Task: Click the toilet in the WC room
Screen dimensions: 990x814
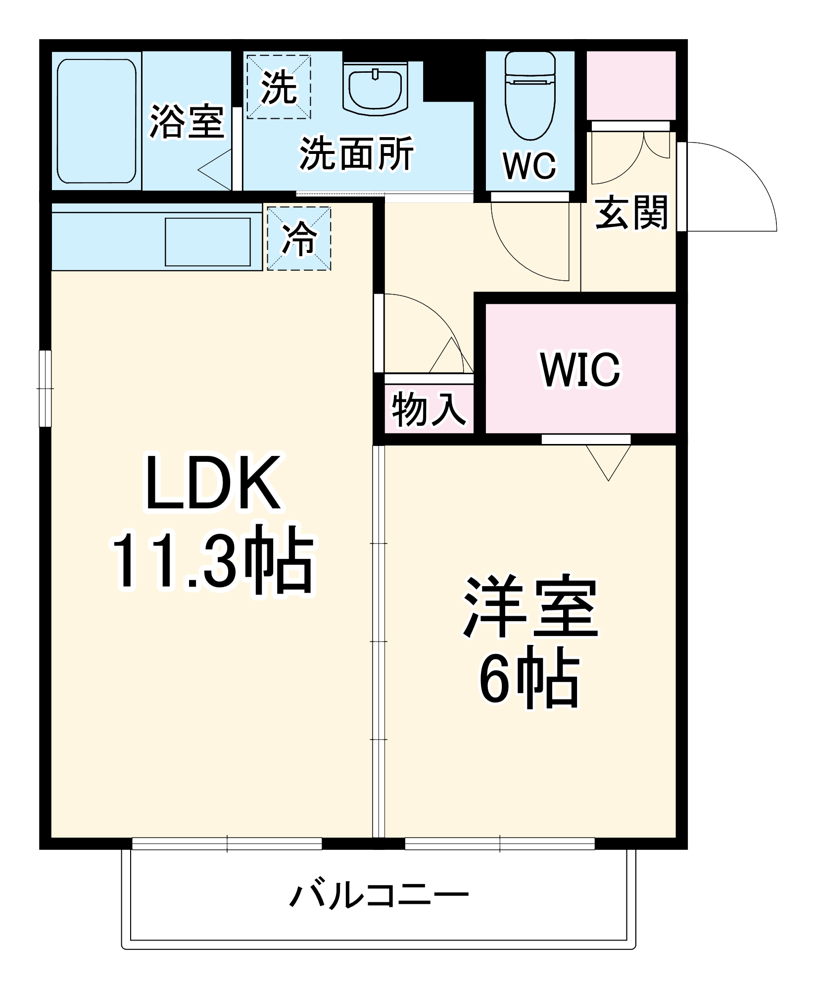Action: point(529,97)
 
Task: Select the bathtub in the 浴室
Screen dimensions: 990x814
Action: point(96,121)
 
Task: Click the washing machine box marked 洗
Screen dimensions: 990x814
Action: point(279,87)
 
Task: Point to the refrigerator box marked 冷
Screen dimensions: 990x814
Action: point(299,239)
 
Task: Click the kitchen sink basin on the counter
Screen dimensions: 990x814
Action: point(208,242)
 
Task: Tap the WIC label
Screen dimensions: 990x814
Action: point(580,370)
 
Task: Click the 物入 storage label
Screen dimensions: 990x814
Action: point(429,409)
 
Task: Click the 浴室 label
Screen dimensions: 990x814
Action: point(187,121)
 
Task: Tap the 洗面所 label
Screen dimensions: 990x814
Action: point(356,153)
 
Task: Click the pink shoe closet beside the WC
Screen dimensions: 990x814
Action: point(631,85)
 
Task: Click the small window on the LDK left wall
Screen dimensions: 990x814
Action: point(45,388)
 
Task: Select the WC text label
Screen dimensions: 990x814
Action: point(529,166)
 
